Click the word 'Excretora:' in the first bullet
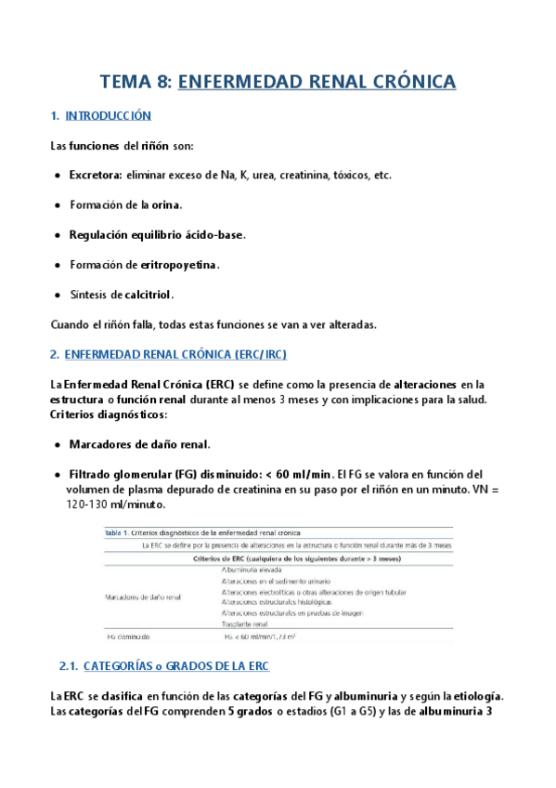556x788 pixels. tap(96, 175)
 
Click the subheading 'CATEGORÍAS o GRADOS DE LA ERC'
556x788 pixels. tap(176, 666)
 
